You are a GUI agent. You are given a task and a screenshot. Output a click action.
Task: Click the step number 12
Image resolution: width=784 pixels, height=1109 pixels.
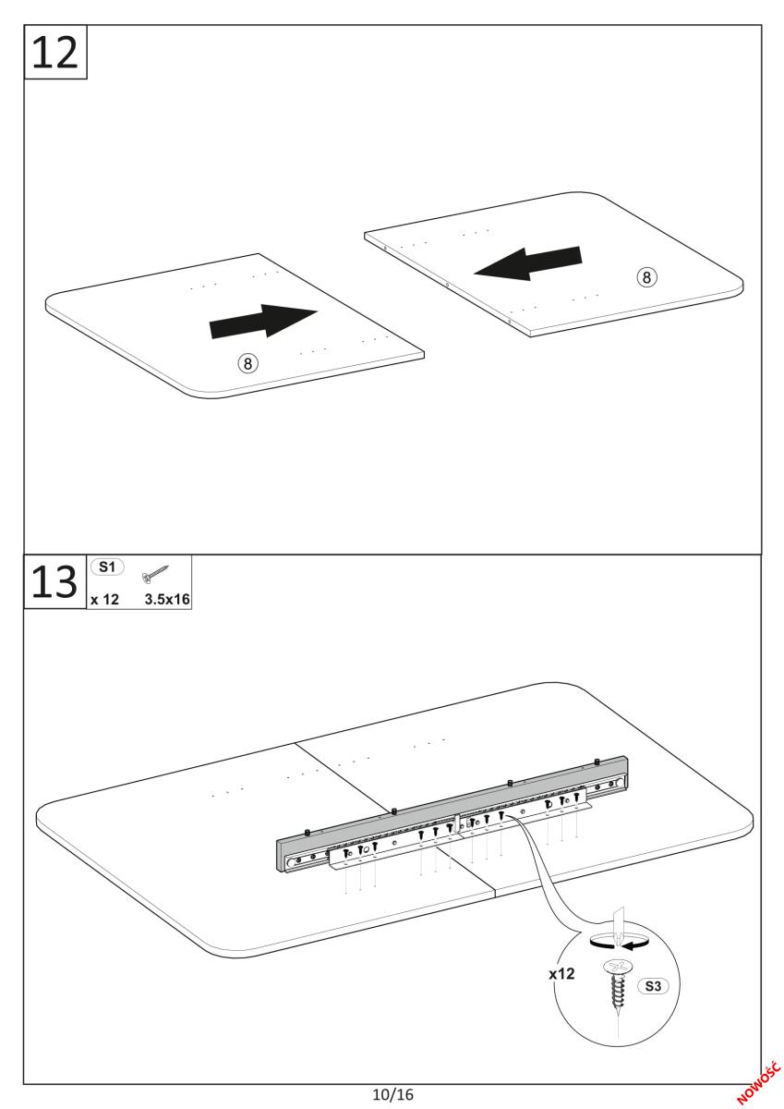coord(54,52)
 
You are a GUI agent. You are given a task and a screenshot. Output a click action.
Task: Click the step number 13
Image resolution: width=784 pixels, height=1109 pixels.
coord(54,581)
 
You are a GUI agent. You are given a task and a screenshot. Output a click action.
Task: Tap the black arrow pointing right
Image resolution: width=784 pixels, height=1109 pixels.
coord(263,321)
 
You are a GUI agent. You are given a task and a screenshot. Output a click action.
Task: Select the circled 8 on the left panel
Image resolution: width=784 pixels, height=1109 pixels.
coord(247,364)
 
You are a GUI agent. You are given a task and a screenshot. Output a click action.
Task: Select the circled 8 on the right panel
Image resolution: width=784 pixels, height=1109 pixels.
coord(646,277)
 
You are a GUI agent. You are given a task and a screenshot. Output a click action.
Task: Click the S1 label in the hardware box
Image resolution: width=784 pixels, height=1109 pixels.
coord(107,567)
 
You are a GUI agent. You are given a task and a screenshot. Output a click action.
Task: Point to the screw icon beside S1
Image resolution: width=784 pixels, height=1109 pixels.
coord(155,573)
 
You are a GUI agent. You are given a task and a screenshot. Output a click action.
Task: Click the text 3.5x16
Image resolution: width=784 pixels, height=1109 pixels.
coord(167,599)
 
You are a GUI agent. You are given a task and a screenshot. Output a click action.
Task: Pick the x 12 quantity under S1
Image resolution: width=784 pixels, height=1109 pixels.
coord(105,600)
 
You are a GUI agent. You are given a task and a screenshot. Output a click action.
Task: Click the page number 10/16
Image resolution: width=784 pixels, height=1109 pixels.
coord(393,1093)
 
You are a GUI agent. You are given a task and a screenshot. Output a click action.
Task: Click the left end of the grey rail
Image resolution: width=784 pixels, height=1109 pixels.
coord(281,855)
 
